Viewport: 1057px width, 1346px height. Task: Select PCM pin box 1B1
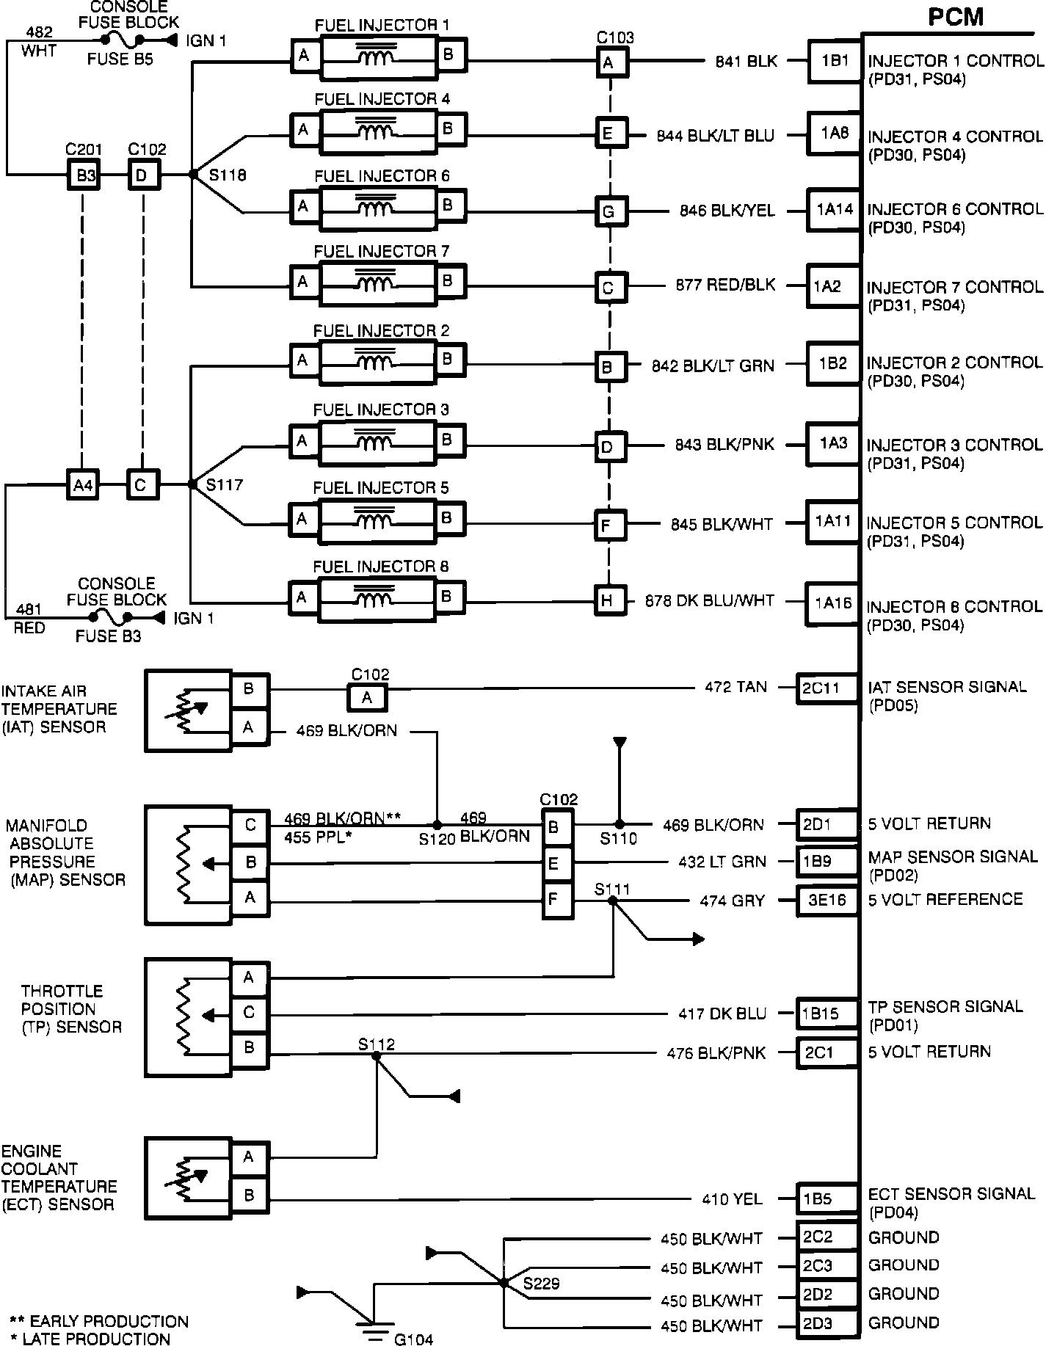(x=834, y=62)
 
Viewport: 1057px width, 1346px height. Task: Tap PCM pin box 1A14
(x=834, y=210)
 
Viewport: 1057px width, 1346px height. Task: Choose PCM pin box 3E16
(x=827, y=901)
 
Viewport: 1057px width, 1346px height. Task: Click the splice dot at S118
(x=192, y=175)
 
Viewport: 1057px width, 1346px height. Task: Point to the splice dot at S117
(x=192, y=484)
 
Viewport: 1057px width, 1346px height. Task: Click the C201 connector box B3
(x=85, y=176)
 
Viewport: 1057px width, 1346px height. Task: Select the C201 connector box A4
(x=83, y=485)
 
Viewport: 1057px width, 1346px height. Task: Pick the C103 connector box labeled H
(x=608, y=600)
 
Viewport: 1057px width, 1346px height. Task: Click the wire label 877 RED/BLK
(x=725, y=285)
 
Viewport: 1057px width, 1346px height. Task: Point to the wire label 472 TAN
(x=735, y=687)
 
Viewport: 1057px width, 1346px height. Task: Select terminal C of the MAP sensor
(x=250, y=826)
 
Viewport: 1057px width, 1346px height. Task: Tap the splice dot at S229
(x=504, y=1282)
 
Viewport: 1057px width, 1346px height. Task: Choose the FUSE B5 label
(x=120, y=59)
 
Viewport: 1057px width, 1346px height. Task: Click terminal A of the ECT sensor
(x=250, y=1157)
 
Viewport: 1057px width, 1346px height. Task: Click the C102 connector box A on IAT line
(x=367, y=697)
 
